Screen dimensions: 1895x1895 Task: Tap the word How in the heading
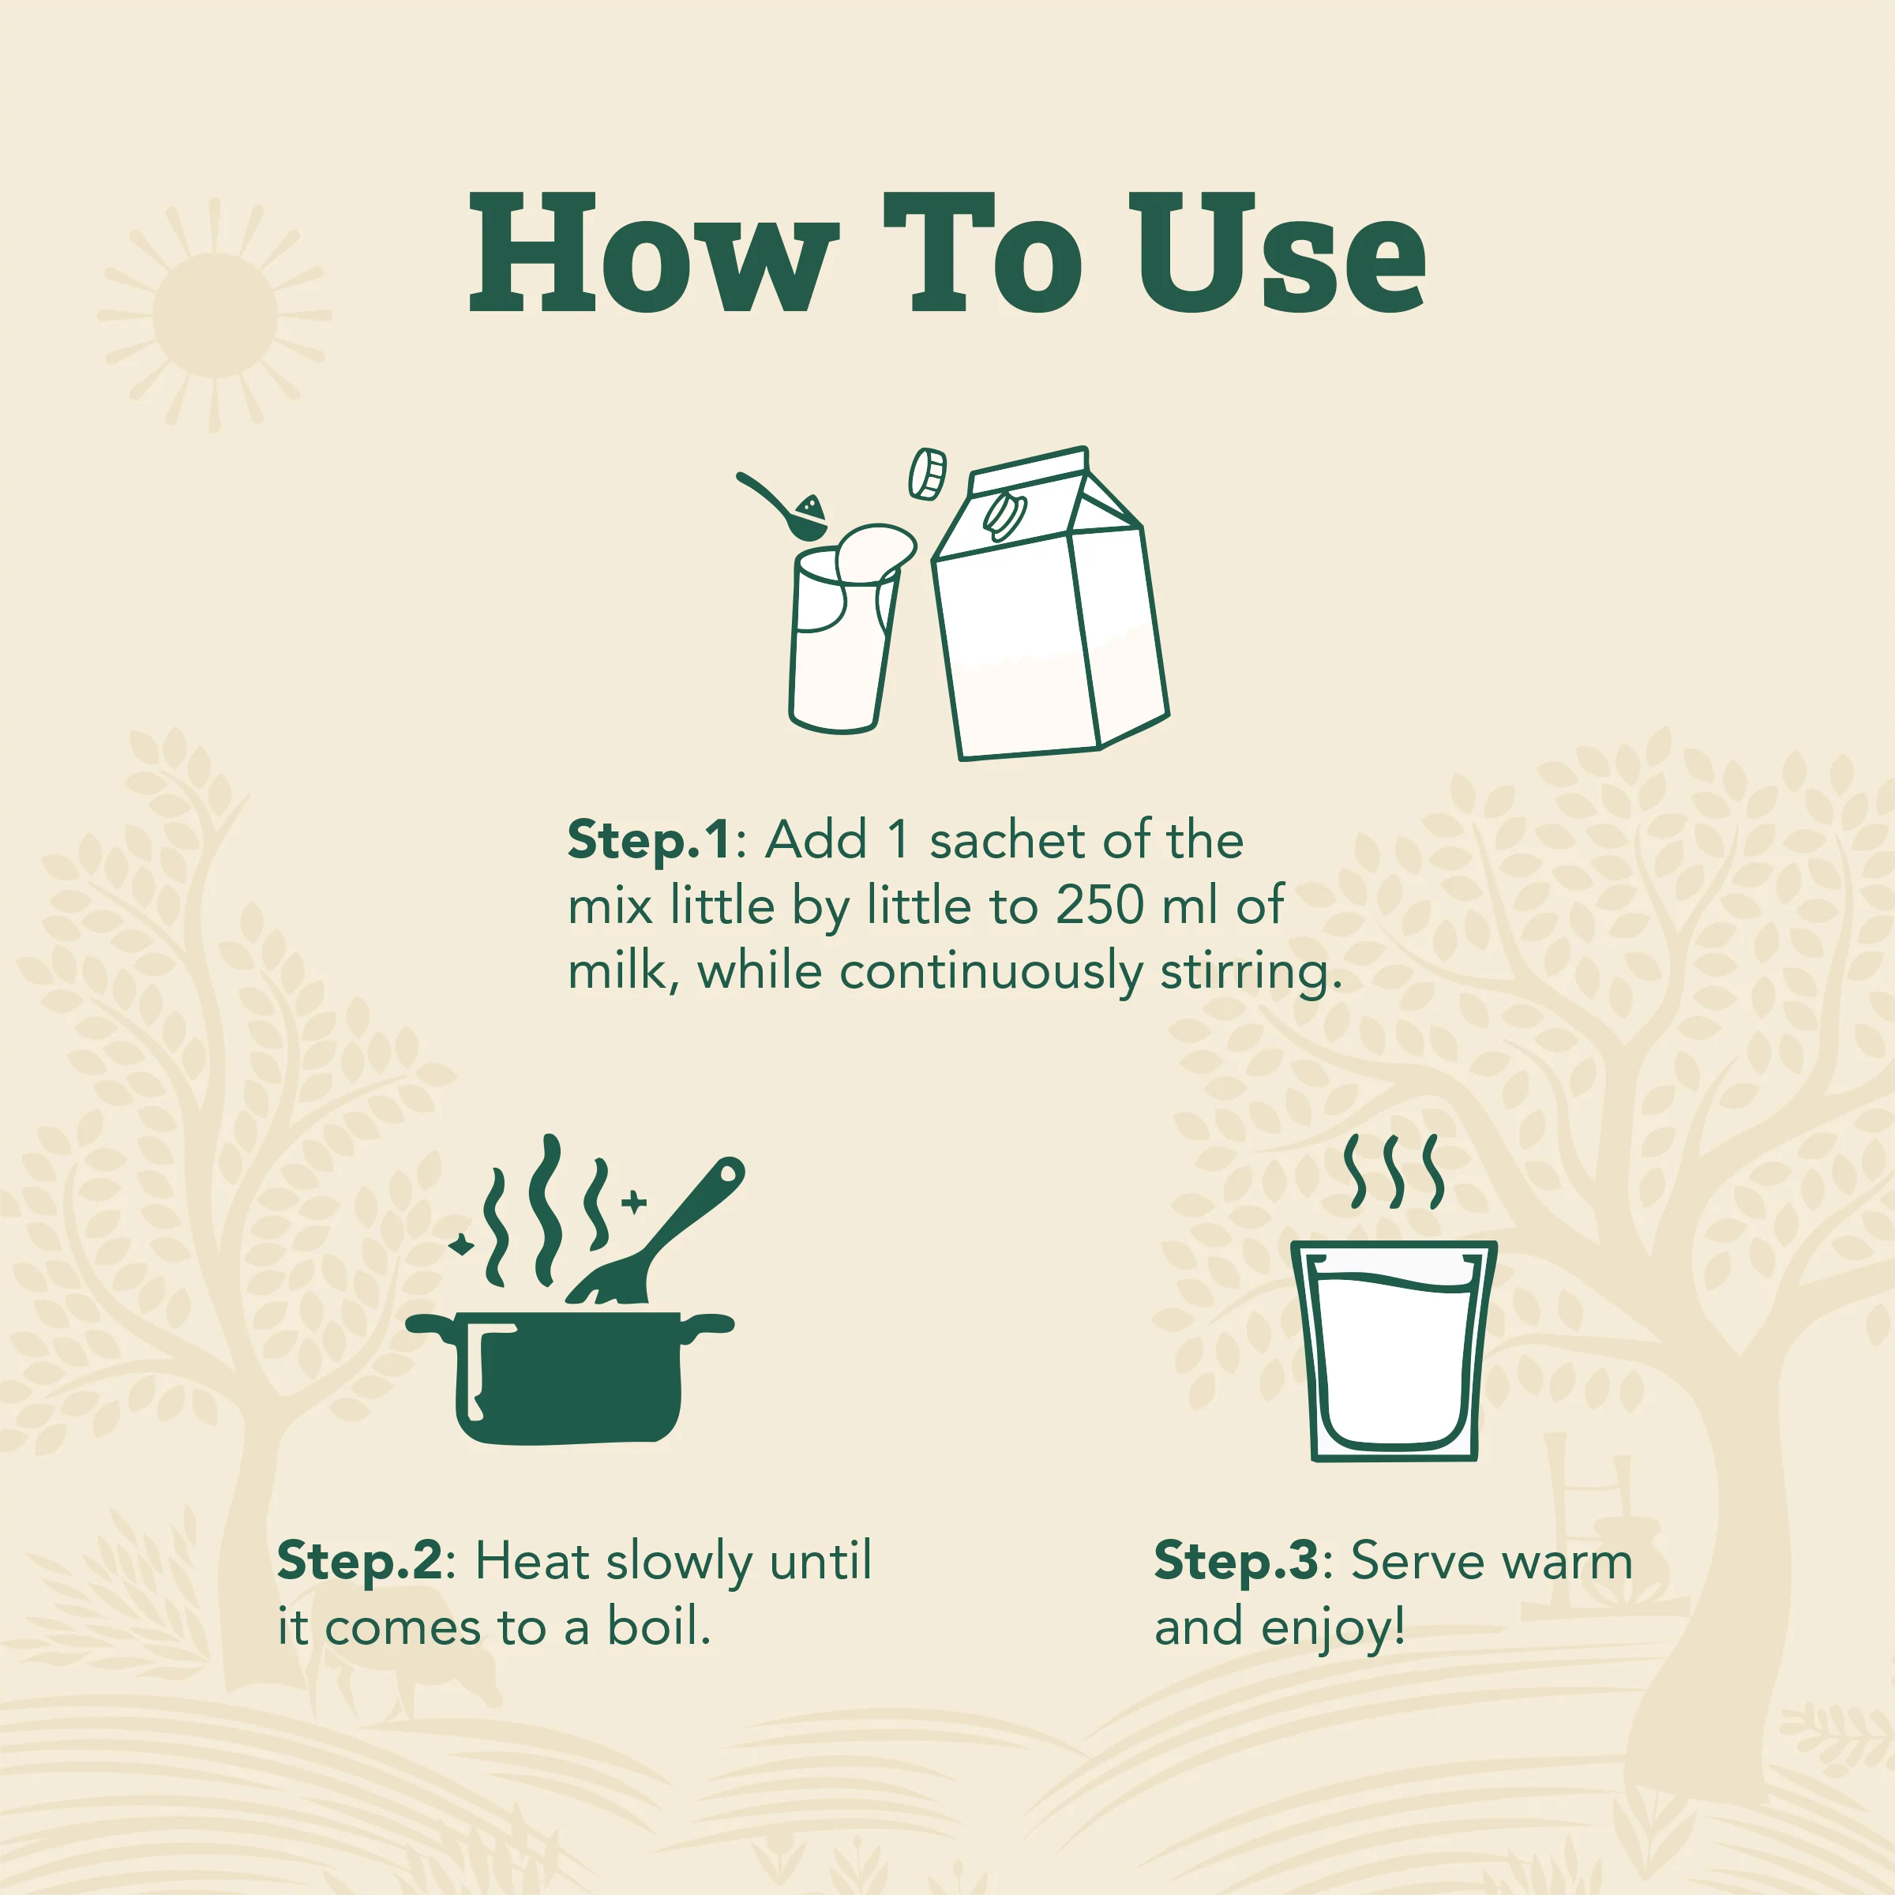[x=653, y=253]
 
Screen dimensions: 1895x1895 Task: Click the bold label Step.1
[x=649, y=842]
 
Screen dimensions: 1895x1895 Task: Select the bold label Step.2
[x=360, y=1563]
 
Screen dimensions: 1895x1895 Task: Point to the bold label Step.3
[x=1236, y=1563]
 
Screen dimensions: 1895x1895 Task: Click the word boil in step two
[x=659, y=1629]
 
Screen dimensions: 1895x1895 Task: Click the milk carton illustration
[x=1050, y=603]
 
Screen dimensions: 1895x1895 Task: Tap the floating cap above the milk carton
[x=927, y=474]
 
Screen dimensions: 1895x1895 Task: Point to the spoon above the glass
[x=782, y=505]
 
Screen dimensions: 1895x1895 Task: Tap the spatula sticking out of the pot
[x=657, y=1231]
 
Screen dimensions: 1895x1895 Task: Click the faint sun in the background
[x=215, y=315]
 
